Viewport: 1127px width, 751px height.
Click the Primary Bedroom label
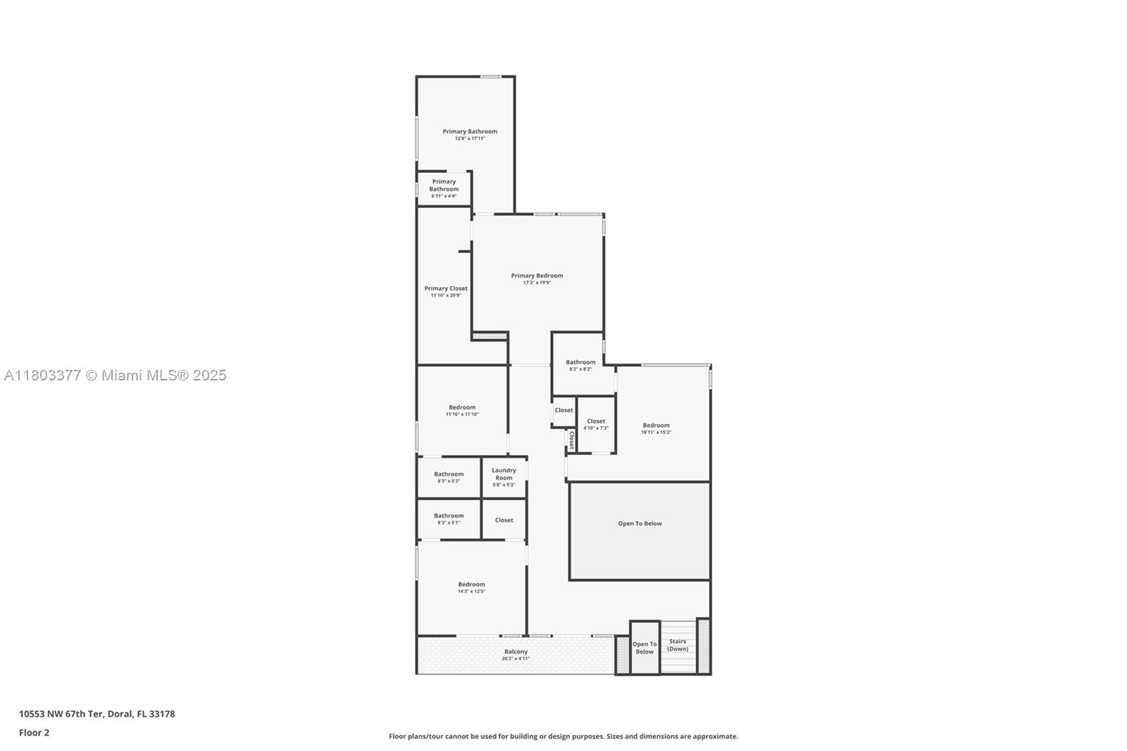click(537, 275)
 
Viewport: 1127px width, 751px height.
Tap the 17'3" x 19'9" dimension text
click(537, 283)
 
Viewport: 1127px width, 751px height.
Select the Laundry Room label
click(504, 473)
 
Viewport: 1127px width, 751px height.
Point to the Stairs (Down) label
click(678, 645)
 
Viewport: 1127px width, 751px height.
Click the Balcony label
click(516, 652)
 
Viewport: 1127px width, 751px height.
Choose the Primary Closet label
click(446, 288)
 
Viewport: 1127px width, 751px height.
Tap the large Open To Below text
click(640, 523)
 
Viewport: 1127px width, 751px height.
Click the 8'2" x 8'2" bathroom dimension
click(580, 369)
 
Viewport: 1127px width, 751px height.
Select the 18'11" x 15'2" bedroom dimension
click(656, 433)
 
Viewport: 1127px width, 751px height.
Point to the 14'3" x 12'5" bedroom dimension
click(471, 592)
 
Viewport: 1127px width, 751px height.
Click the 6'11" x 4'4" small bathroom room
click(444, 189)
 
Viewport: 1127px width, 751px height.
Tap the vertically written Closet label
click(571, 440)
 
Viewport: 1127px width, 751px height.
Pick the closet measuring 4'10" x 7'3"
click(596, 424)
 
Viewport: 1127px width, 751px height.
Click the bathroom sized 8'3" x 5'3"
click(449, 477)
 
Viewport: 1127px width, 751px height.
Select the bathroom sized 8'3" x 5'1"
click(449, 519)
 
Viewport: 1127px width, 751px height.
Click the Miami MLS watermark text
click(116, 375)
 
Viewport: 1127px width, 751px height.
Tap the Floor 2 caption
click(34, 733)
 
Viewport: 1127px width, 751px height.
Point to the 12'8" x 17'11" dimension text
click(470, 139)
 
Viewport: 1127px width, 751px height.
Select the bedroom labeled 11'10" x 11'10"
click(462, 411)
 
